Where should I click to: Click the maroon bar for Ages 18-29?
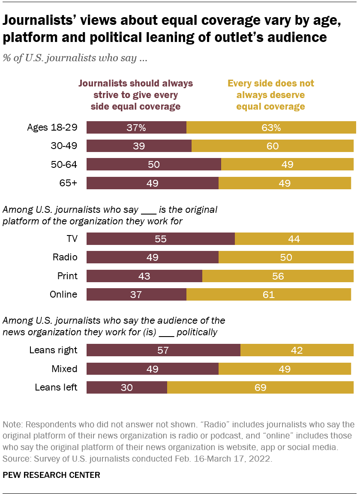(x=136, y=128)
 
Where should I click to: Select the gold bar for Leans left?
(x=260, y=388)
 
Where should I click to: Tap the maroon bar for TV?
(x=161, y=239)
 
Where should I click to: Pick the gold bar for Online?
(x=269, y=295)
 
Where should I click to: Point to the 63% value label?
(x=271, y=128)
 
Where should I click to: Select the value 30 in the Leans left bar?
(x=126, y=388)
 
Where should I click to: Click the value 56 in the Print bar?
(x=278, y=276)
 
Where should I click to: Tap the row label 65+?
(x=69, y=183)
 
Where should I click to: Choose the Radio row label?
(x=65, y=257)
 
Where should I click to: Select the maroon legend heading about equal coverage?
(x=135, y=95)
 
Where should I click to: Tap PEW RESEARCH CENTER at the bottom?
(x=51, y=475)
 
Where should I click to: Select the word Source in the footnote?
(x=15, y=459)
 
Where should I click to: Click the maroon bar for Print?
(x=144, y=276)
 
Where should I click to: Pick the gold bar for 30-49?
(x=272, y=146)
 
